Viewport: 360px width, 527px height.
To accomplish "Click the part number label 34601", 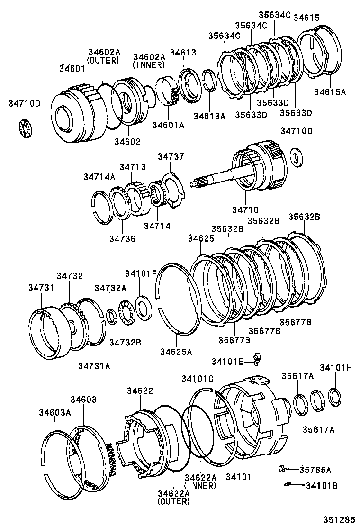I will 72,69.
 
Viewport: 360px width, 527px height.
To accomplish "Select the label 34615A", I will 330,92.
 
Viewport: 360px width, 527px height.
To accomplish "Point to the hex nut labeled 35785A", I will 282,468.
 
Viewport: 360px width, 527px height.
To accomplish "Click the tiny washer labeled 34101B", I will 287,484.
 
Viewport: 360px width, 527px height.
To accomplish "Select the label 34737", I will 171,156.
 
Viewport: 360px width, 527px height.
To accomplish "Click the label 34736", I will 123,239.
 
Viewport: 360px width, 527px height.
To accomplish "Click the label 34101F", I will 140,273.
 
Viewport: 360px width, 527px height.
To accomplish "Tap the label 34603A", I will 55,412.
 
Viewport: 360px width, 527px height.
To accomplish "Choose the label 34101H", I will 335,367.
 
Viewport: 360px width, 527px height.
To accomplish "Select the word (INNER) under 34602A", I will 148,65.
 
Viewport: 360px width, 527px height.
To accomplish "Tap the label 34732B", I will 125,341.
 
